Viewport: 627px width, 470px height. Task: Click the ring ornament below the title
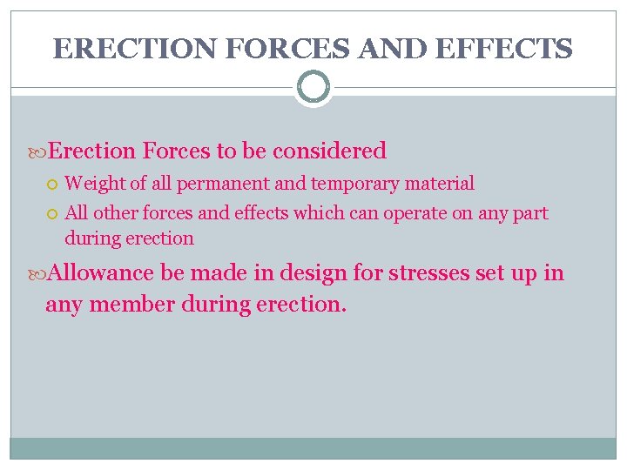pyautogui.click(x=313, y=87)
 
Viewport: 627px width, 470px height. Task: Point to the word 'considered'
pyautogui.click(x=329, y=151)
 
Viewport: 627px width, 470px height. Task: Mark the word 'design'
pyautogui.click(x=317, y=273)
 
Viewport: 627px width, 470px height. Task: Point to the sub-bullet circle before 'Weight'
pyautogui.click(x=53, y=185)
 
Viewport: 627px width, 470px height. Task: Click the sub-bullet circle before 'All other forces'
pyautogui.click(x=53, y=213)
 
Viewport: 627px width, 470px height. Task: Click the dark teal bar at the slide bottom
pyautogui.click(x=313, y=447)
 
